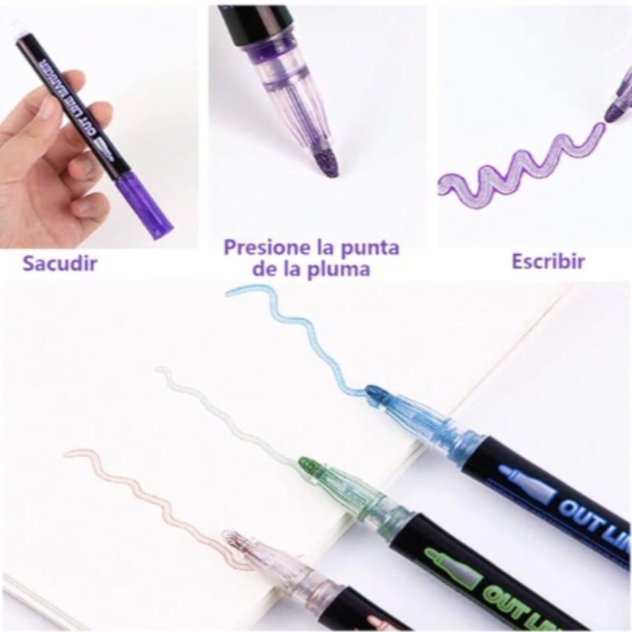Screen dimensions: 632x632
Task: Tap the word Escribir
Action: (x=548, y=261)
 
